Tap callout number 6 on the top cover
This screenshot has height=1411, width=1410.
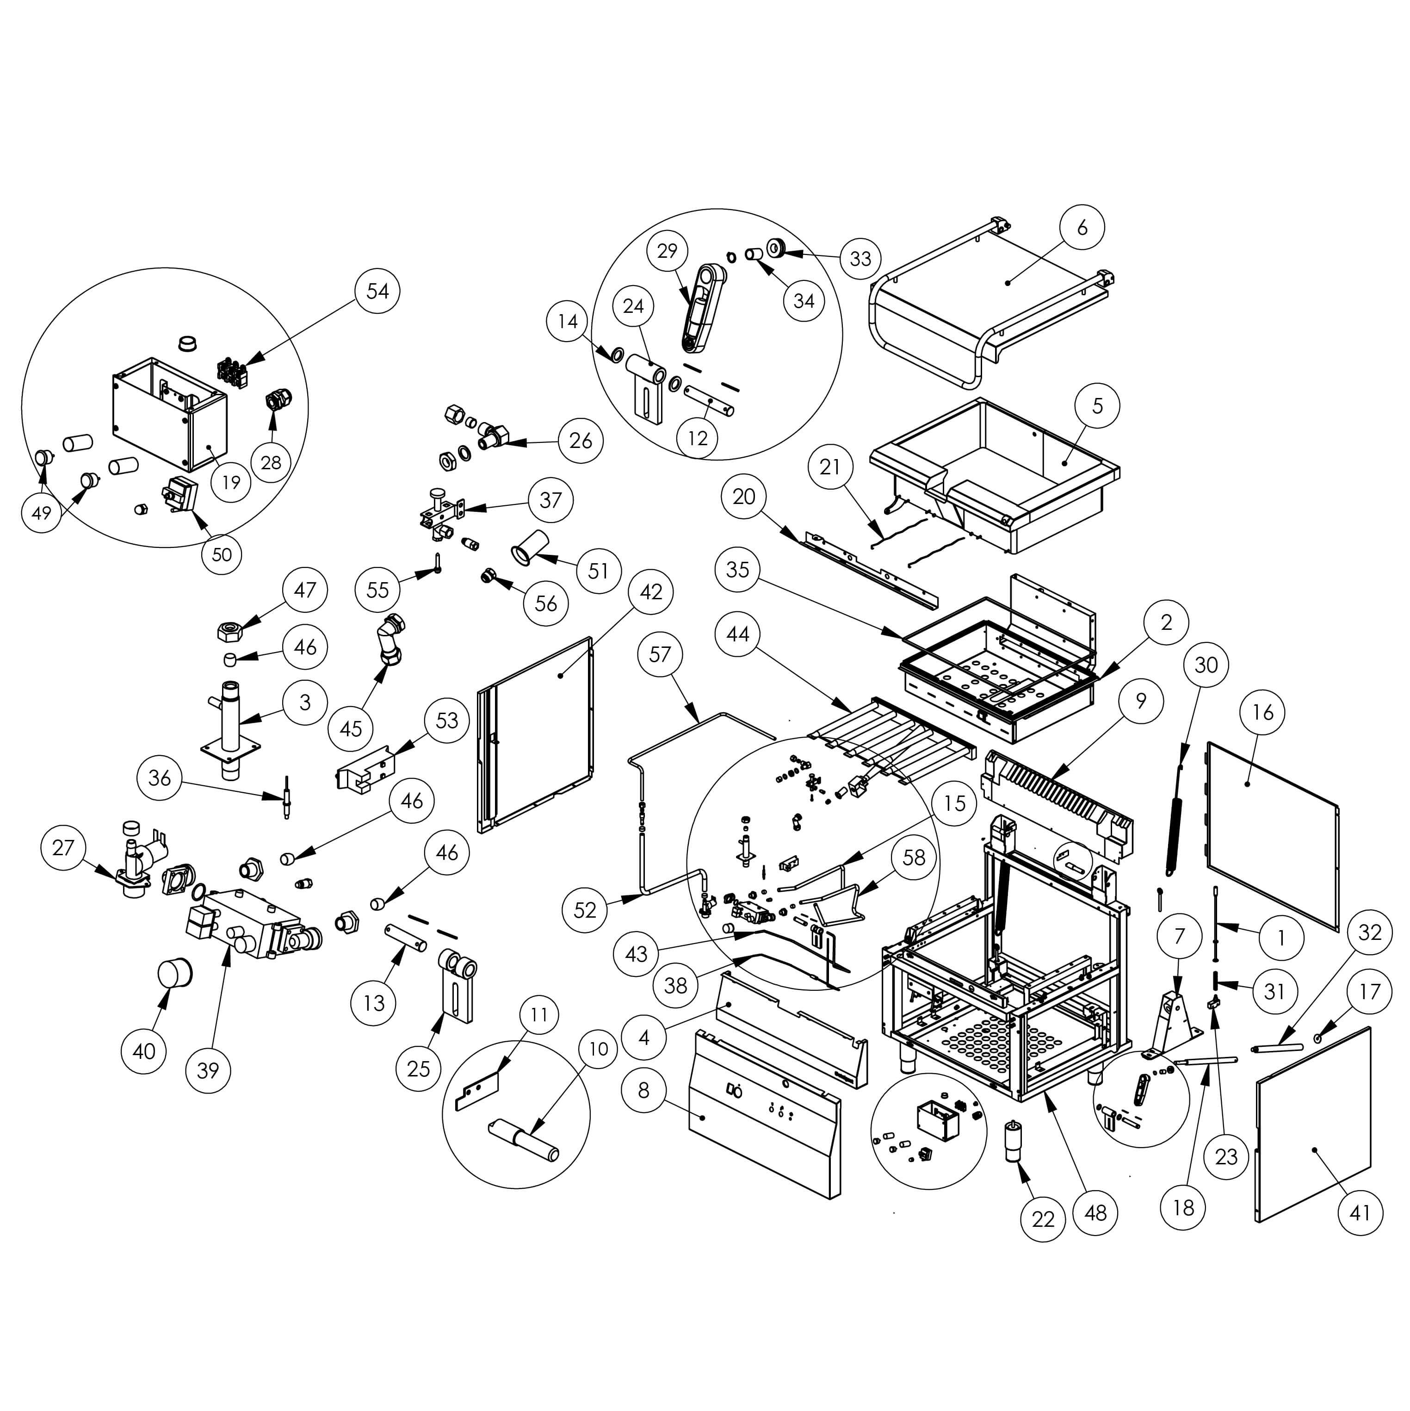point(1082,227)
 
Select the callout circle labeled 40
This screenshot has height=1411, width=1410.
point(144,1051)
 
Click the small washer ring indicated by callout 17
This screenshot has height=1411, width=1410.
point(1318,1038)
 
